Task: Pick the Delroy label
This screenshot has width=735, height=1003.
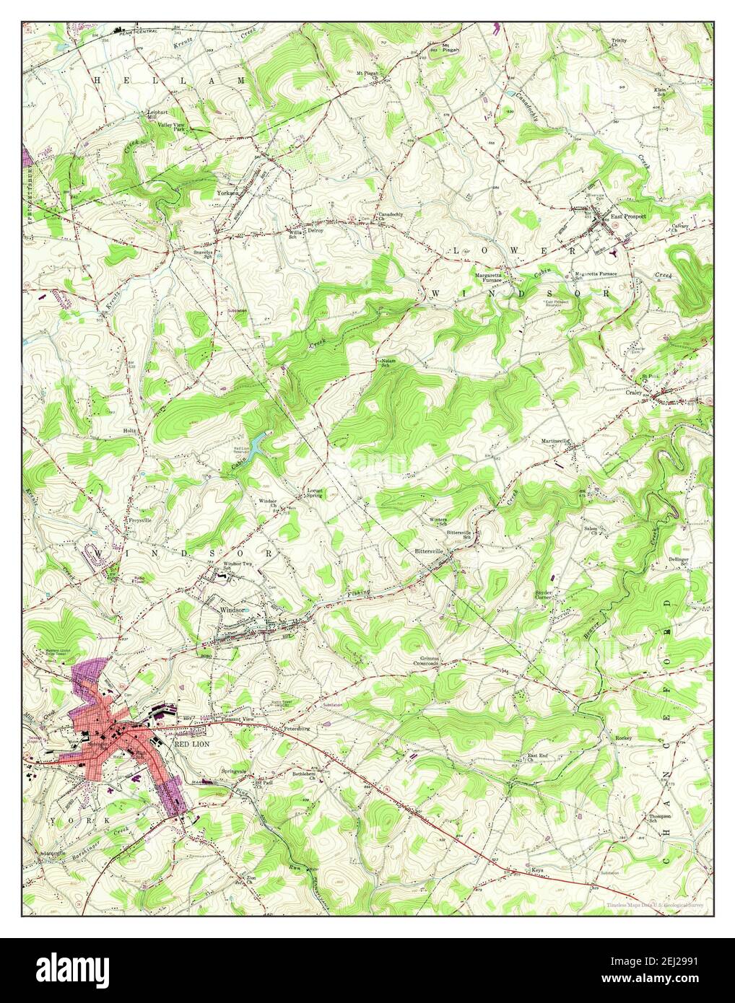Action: (x=316, y=231)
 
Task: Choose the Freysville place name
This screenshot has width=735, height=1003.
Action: (x=120, y=515)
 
